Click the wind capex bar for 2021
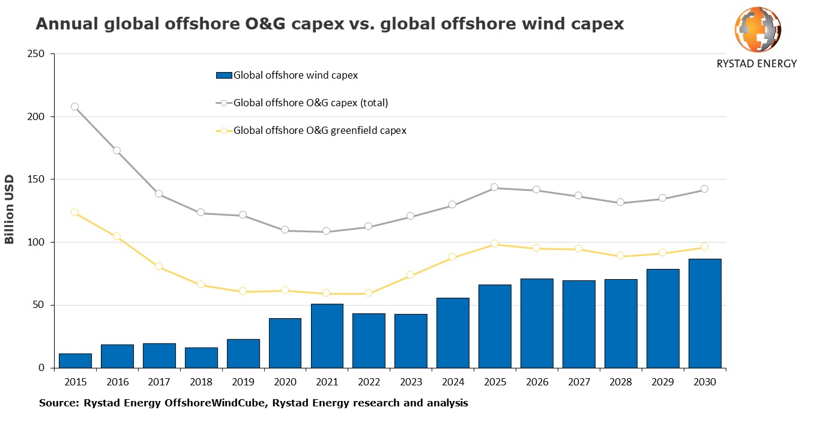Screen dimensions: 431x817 [x=327, y=336]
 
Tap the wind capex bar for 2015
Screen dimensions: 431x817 [x=75, y=361]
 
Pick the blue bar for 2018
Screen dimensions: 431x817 [x=201, y=358]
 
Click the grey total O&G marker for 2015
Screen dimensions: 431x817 [x=75, y=107]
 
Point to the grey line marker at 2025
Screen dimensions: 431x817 [x=495, y=187]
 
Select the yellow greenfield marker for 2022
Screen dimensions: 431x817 [x=369, y=294]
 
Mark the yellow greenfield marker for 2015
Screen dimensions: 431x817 [x=75, y=212]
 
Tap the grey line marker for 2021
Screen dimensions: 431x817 [x=327, y=231]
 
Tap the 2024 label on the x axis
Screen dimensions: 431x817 [x=453, y=382]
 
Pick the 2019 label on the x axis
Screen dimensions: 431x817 [x=243, y=382]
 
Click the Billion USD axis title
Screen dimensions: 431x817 [x=10, y=209]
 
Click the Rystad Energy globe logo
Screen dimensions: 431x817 [x=757, y=29]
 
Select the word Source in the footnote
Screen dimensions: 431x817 [x=56, y=403]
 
